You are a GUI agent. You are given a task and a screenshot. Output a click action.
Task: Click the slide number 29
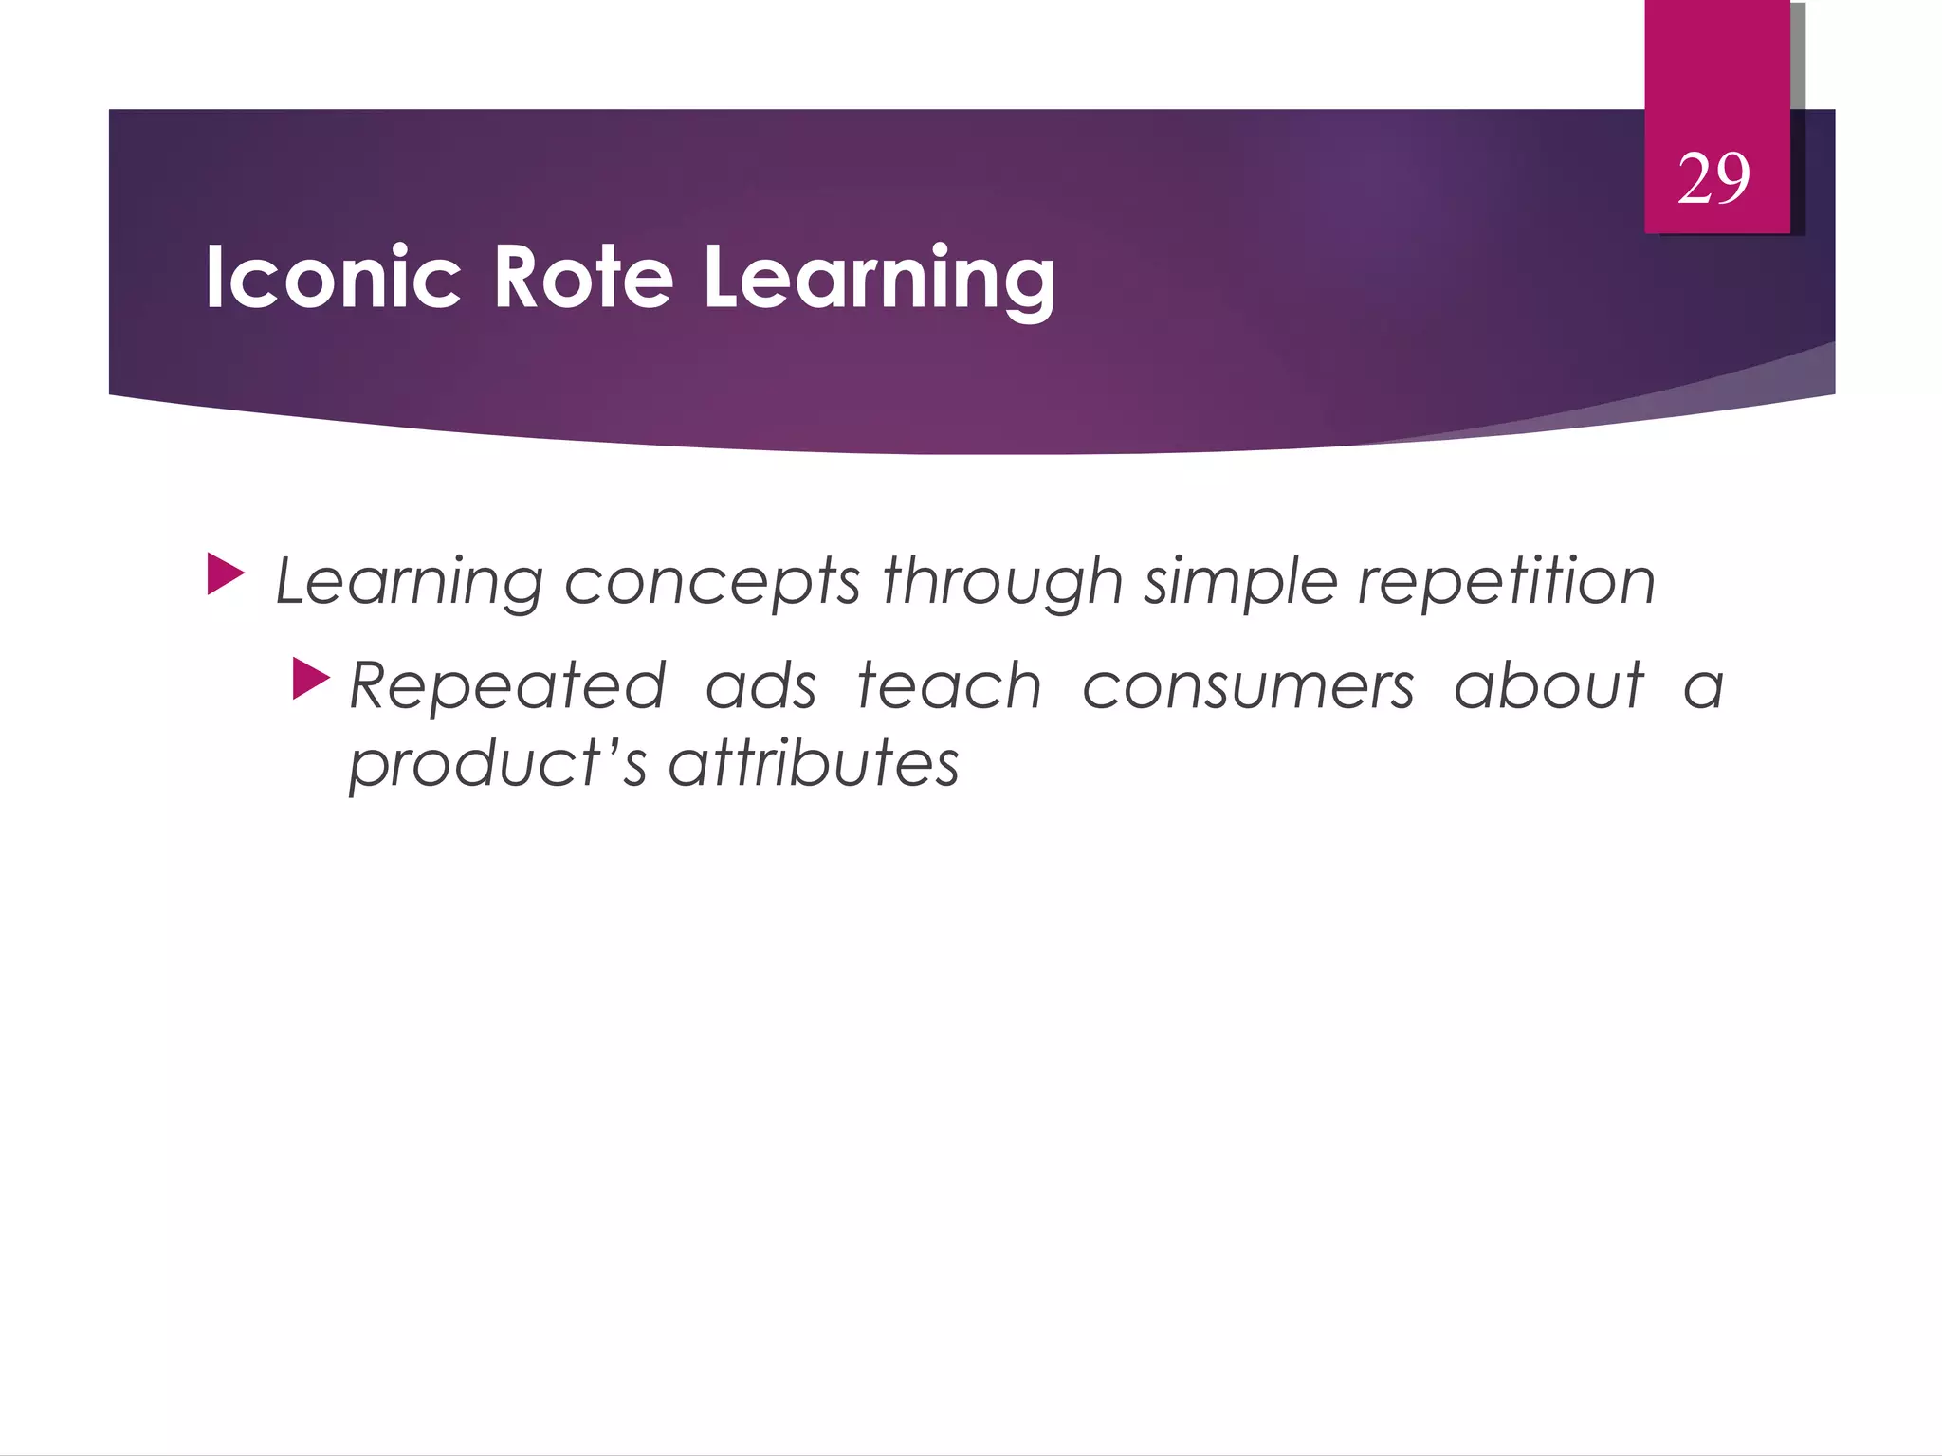pos(1713,178)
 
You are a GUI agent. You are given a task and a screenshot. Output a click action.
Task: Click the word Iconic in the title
pos(333,277)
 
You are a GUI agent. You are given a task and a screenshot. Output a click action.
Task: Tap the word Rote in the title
pos(583,277)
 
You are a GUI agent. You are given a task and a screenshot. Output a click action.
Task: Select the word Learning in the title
pos(879,277)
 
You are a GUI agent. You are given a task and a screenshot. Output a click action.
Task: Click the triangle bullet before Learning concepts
pos(225,575)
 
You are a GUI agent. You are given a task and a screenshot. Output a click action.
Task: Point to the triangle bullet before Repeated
pos(310,679)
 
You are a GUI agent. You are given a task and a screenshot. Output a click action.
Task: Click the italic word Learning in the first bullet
pos(409,582)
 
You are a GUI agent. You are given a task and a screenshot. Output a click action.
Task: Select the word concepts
pos(712,582)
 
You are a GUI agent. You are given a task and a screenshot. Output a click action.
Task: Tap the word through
pos(1002,580)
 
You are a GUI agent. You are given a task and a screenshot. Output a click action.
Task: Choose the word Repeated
pos(508,686)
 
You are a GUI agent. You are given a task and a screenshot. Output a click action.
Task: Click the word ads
pos(760,686)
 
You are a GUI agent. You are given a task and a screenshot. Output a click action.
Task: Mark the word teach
pos(949,686)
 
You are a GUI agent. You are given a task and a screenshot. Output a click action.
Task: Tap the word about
pos(1548,686)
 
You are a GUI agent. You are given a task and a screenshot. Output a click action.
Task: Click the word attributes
pos(814,764)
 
